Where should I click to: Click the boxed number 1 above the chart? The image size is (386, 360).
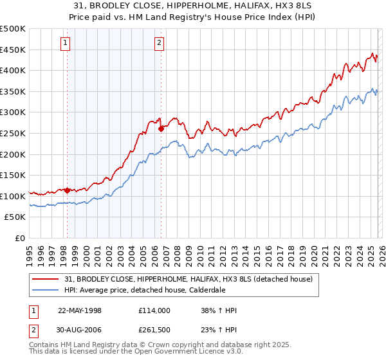(66, 43)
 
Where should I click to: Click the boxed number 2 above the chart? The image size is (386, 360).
(159, 43)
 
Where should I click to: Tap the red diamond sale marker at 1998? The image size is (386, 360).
(67, 190)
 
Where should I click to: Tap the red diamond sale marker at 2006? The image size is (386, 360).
(161, 129)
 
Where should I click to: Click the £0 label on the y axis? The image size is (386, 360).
(20, 238)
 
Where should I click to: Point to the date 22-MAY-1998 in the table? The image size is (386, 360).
(80, 310)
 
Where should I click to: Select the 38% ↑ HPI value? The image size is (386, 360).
(219, 310)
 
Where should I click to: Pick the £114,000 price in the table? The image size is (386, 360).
(154, 310)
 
